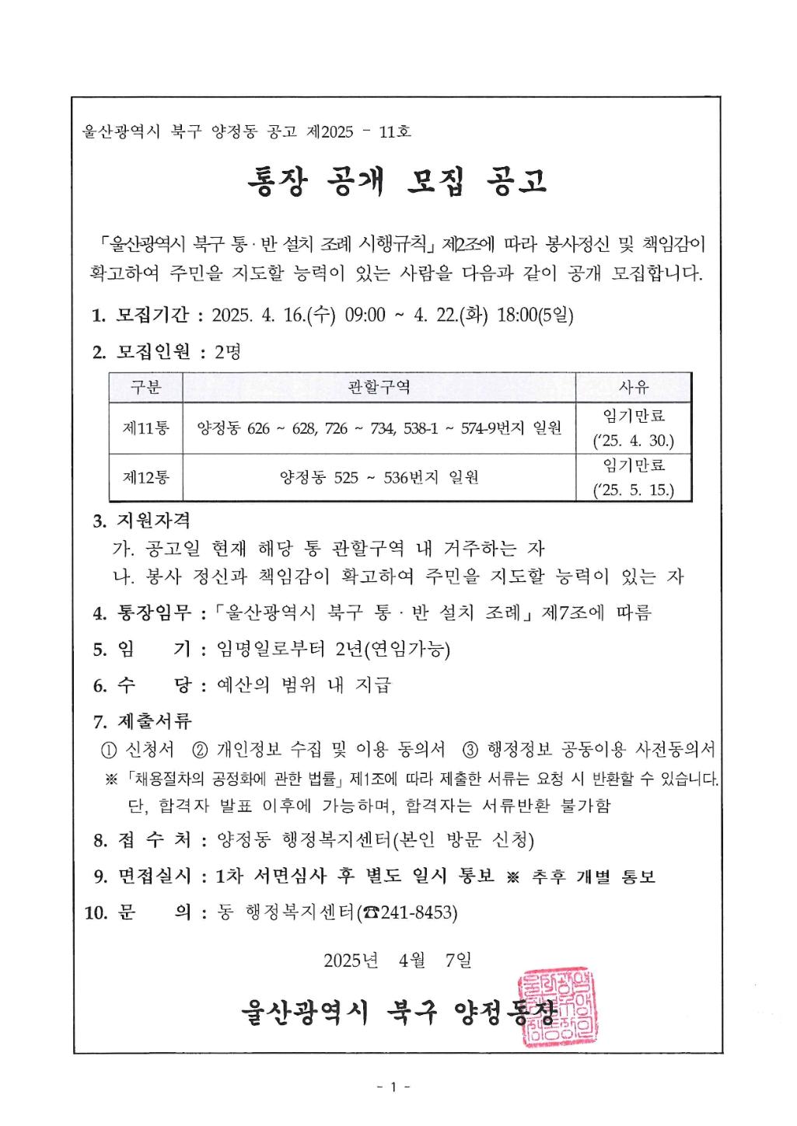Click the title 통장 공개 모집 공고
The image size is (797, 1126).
pyautogui.click(x=397, y=181)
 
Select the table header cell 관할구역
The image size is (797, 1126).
pyautogui.click(x=379, y=386)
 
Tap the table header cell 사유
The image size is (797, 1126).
pyautogui.click(x=633, y=386)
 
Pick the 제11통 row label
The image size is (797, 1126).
pyautogui.click(x=145, y=427)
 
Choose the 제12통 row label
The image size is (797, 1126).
pyautogui.click(x=145, y=477)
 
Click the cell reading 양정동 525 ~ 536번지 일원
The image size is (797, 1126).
pyautogui.click(x=379, y=477)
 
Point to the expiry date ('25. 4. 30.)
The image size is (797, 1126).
pyautogui.click(x=633, y=441)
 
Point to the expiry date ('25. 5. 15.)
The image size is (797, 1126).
pyautogui.click(x=633, y=490)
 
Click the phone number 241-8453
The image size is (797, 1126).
pyautogui.click(x=416, y=912)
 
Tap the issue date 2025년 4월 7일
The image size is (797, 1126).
pyautogui.click(x=397, y=960)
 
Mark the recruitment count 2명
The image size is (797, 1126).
pyautogui.click(x=228, y=352)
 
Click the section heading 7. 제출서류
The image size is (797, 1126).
pyautogui.click(x=142, y=721)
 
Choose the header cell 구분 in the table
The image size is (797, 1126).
pyautogui.click(x=145, y=386)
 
